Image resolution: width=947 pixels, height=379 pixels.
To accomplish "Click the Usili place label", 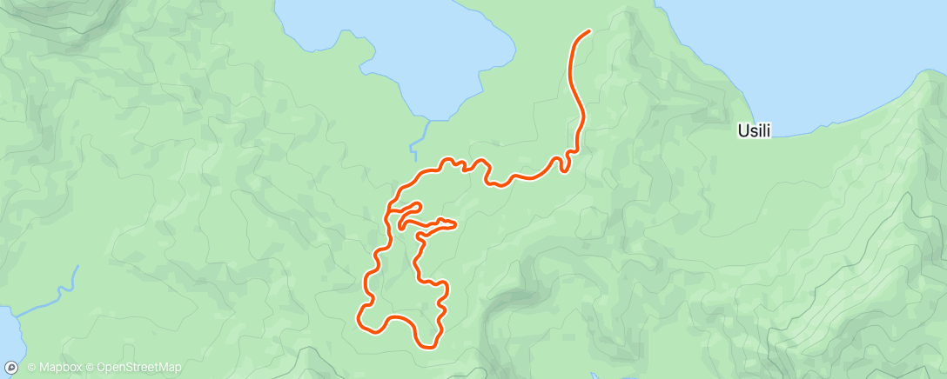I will click(755, 131).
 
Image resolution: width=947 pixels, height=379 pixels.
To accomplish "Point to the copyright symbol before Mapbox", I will click(31, 368).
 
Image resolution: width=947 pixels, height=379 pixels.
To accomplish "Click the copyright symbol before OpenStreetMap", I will click(91, 368).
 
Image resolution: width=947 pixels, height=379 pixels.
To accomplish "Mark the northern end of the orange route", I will click(589, 31).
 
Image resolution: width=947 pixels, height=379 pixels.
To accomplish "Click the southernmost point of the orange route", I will click(429, 347).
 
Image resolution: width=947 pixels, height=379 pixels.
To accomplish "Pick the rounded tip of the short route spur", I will click(420, 205).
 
